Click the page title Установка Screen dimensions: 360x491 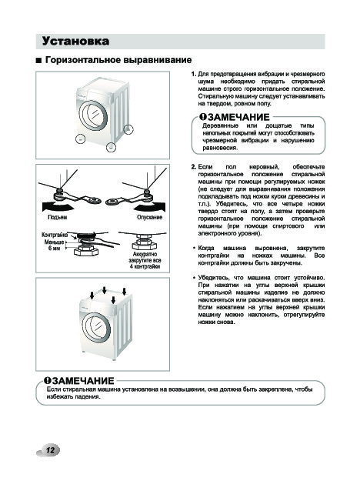(x=75, y=42)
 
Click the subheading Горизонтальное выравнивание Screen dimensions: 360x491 (x=118, y=60)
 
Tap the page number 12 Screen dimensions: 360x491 (x=50, y=450)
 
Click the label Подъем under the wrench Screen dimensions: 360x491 (x=57, y=217)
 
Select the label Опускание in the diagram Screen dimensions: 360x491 (x=150, y=217)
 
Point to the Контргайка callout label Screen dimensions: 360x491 (x=55, y=235)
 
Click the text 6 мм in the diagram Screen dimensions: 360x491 (x=54, y=249)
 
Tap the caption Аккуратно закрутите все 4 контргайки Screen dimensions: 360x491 (x=145, y=260)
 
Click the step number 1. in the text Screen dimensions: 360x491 (x=194, y=74)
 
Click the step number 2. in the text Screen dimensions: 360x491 (x=194, y=167)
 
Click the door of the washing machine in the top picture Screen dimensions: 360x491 (x=93, y=115)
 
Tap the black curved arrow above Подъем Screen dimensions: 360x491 (x=58, y=206)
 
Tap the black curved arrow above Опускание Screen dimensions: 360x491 (x=150, y=206)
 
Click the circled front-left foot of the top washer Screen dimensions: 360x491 (x=81, y=139)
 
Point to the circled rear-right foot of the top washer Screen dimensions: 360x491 (x=128, y=129)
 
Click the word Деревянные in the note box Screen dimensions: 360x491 (x=220, y=126)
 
